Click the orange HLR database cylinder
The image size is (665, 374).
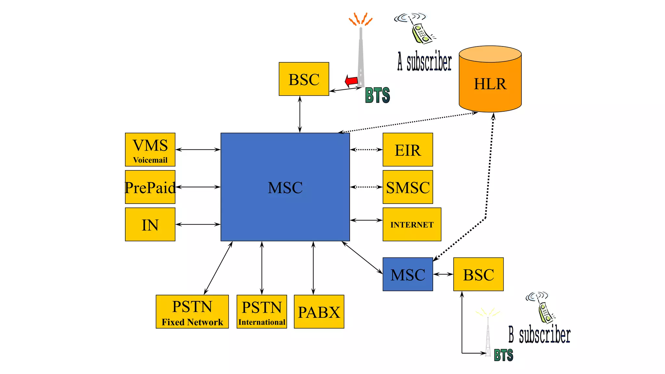(x=490, y=81)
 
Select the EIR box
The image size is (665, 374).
(x=408, y=150)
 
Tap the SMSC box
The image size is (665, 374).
(x=408, y=187)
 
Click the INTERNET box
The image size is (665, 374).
(x=412, y=224)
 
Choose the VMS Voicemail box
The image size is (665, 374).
(x=150, y=150)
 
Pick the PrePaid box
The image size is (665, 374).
(x=150, y=187)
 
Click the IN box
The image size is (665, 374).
(x=150, y=224)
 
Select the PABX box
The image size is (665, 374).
(x=319, y=312)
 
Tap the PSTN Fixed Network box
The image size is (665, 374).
(x=192, y=312)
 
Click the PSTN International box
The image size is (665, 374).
(x=262, y=312)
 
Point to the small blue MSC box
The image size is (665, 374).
(x=408, y=274)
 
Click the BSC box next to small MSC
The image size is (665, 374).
(x=478, y=274)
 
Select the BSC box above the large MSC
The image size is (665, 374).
(x=304, y=79)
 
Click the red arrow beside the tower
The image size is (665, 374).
(x=352, y=81)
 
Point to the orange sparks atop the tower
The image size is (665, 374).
(x=360, y=19)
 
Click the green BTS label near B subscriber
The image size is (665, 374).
(x=503, y=355)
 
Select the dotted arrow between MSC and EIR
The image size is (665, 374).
(x=366, y=150)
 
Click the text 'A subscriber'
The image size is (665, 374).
(x=424, y=62)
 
